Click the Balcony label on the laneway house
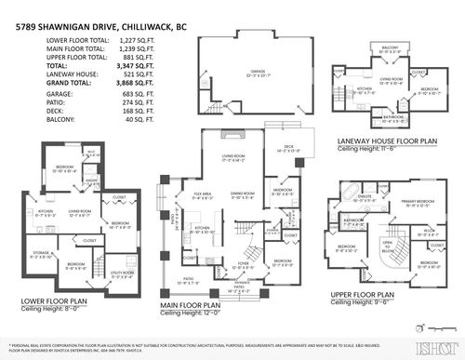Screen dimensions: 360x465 [390, 46]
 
